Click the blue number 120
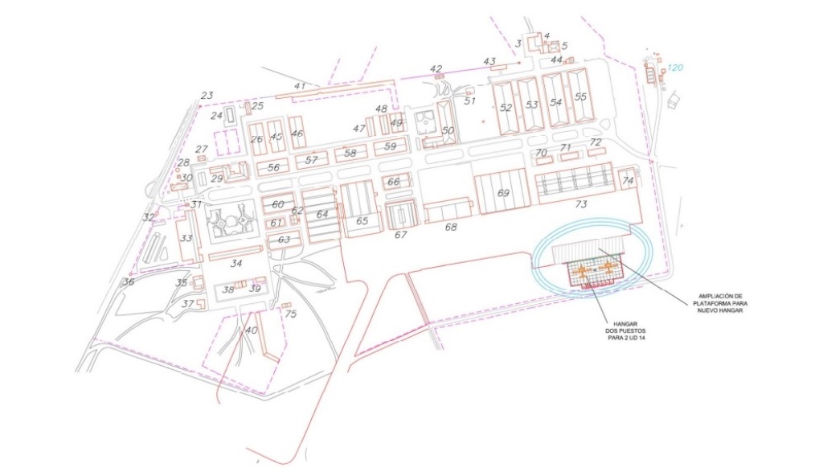coord(675,68)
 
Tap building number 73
coord(580,204)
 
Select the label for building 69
coord(504,193)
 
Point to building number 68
coord(451,228)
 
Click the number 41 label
coord(301,86)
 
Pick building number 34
coord(236,263)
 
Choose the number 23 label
coord(207,96)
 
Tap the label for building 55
coord(580,97)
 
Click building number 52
coord(506,107)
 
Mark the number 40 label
coord(252,330)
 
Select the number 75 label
coord(290,314)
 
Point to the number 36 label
coord(128,281)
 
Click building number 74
coord(628,182)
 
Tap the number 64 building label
coord(322,214)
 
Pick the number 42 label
coord(436,69)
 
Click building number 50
coord(448,129)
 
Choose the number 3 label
coord(518,43)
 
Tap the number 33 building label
coord(186,238)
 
